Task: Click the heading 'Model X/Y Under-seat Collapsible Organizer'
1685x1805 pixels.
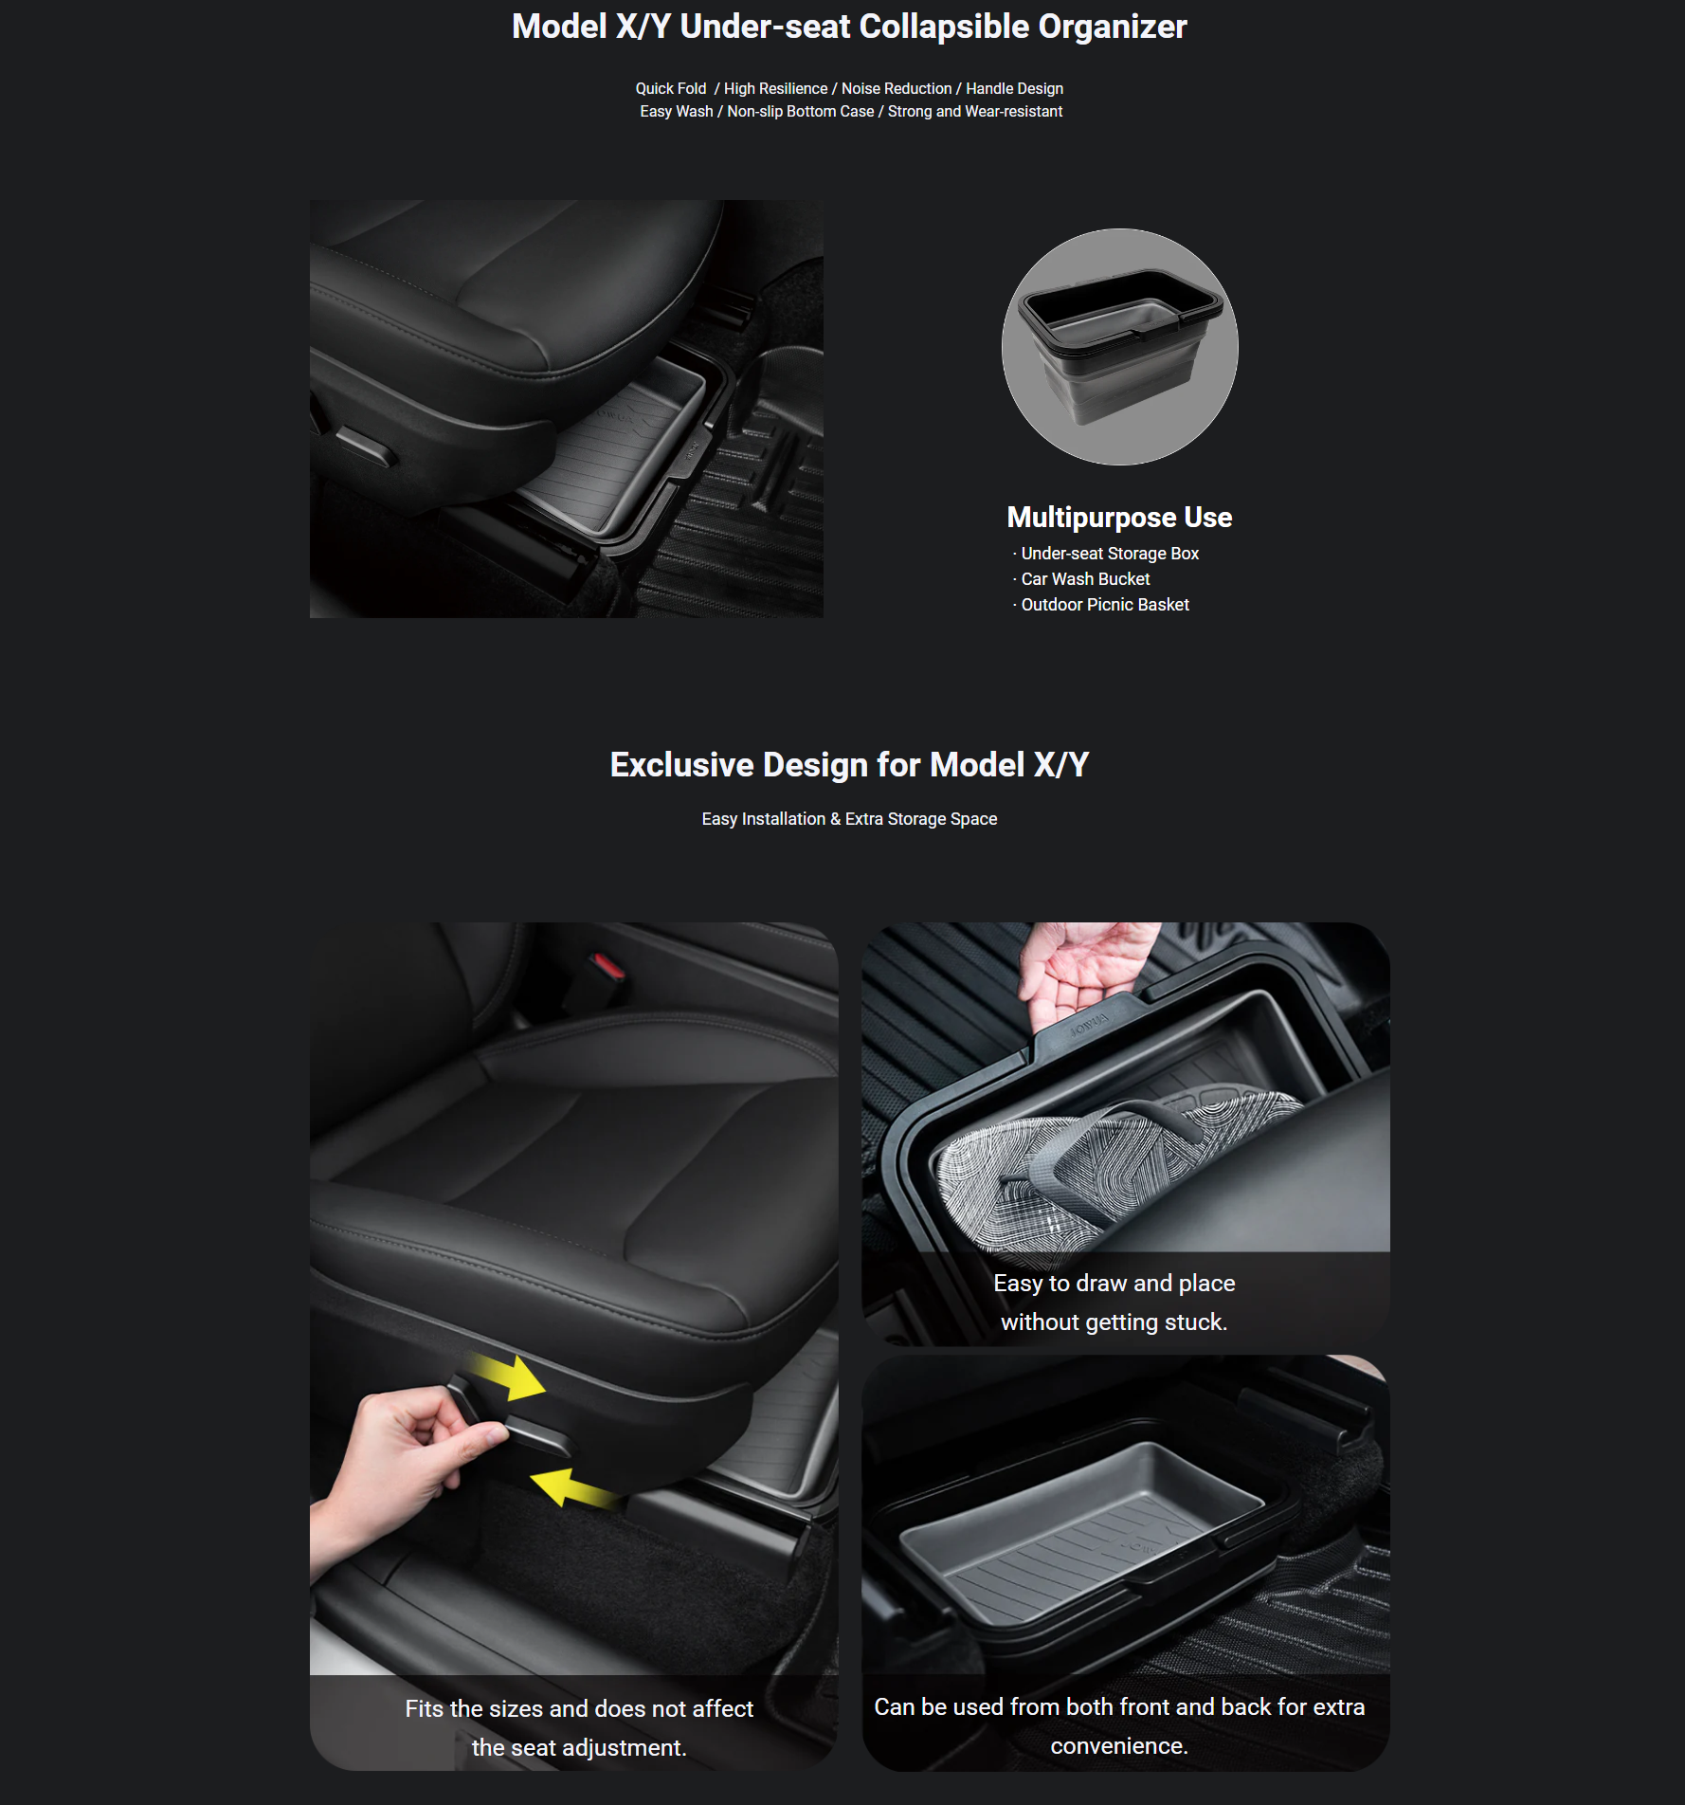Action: [849, 27]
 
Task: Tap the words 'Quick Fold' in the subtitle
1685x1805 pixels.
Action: [671, 88]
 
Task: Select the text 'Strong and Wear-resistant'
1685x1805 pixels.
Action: [975, 111]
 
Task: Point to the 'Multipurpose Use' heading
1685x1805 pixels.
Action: [1119, 517]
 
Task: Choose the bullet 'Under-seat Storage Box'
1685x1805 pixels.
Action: [1110, 554]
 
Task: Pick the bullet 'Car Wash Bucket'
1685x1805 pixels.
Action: [1085, 579]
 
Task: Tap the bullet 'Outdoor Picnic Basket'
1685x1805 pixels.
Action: [1105, 605]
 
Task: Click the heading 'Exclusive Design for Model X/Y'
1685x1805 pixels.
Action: [849, 765]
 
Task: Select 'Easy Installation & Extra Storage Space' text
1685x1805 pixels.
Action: [849, 819]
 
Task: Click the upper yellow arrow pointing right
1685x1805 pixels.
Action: [510, 1377]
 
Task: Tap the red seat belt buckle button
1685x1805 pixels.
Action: [607, 967]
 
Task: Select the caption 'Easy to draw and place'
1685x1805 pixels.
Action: [1114, 1284]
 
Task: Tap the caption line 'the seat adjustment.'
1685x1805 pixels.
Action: [579, 1748]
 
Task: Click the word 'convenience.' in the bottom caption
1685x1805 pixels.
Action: [1119, 1746]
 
